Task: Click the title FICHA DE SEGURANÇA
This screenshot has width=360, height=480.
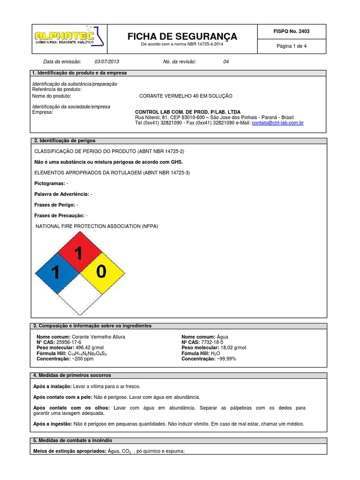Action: (183, 37)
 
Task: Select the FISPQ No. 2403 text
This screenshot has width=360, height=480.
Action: (291, 31)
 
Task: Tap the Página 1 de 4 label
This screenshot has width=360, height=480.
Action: (292, 46)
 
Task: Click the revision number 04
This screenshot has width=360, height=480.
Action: (226, 62)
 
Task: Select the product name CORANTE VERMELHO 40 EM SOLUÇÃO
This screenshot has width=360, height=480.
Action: (186, 96)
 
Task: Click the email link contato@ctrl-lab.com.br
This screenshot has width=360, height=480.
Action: (277, 123)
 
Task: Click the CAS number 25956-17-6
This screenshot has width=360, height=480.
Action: (69, 342)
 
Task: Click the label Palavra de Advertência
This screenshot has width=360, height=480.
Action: (61, 194)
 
